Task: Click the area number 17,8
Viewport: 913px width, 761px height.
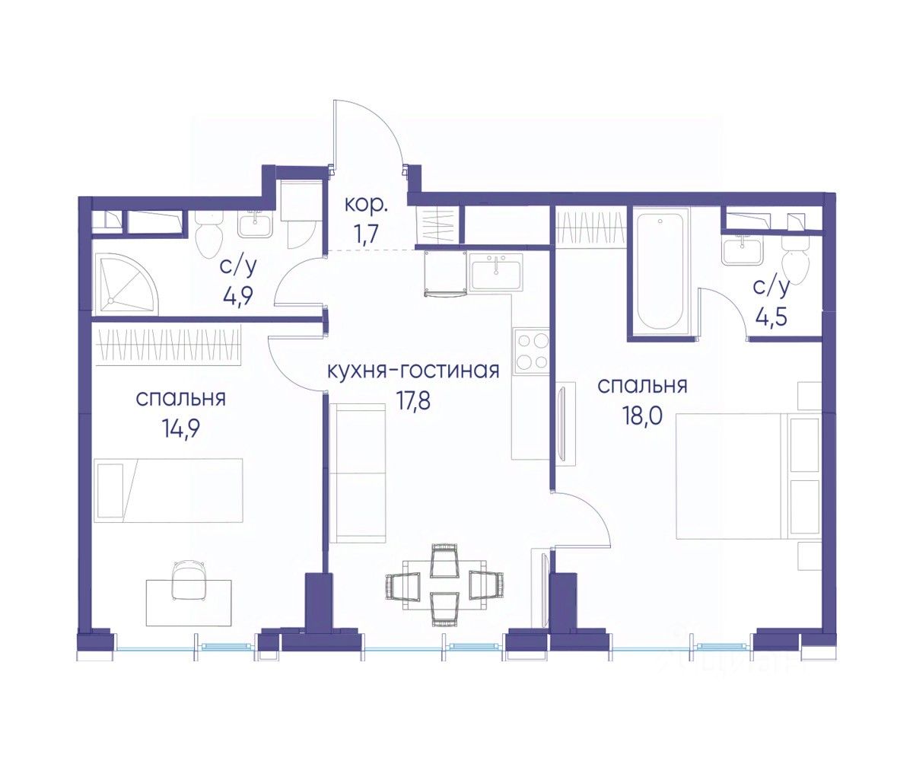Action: [x=413, y=401]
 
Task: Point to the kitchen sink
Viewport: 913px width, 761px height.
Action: [x=496, y=271]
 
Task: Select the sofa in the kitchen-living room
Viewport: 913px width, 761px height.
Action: [x=358, y=473]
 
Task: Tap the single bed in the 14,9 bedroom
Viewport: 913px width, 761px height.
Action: [x=168, y=490]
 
